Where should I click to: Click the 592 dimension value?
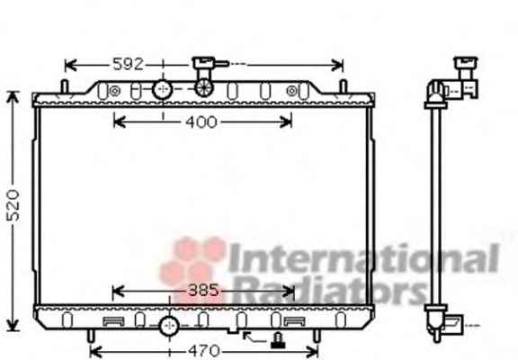click(128, 64)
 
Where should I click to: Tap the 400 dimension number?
click(201, 122)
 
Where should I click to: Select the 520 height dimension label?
click(13, 205)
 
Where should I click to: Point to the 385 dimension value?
click(203, 291)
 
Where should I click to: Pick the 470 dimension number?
click(204, 351)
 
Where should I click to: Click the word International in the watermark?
click(363, 258)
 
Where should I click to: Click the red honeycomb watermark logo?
click(192, 268)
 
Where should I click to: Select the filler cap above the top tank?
click(205, 64)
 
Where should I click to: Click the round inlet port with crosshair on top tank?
click(162, 89)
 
